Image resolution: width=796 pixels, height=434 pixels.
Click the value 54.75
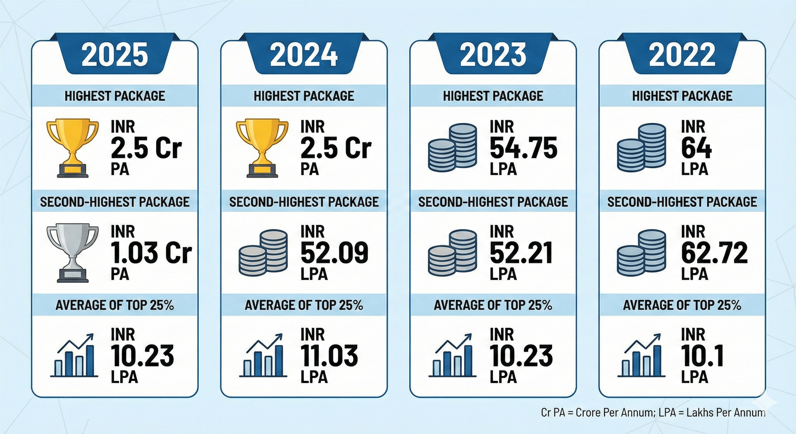(524, 148)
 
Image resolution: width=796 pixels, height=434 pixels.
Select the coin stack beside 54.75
(452, 148)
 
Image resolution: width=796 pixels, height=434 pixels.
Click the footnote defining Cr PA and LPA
(653, 413)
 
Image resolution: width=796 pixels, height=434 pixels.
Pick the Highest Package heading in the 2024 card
(304, 96)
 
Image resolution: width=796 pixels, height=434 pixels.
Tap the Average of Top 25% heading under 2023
(493, 305)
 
